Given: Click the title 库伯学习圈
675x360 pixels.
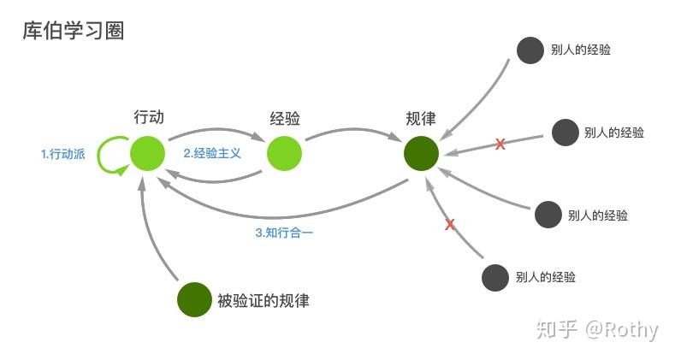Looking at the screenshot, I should (x=74, y=31).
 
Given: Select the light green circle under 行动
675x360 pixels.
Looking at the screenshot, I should (x=147, y=154).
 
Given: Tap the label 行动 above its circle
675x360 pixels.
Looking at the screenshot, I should (x=148, y=118).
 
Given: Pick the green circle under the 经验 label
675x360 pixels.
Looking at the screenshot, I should (x=284, y=154).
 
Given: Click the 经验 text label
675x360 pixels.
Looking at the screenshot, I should (x=285, y=119).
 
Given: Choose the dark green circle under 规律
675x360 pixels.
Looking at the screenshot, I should (x=422, y=154).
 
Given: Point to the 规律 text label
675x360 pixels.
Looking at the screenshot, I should (x=423, y=119).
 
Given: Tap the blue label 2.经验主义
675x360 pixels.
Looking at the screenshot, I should (x=213, y=154).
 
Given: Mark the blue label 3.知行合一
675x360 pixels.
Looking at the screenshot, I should (x=285, y=232).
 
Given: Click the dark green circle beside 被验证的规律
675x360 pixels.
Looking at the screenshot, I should (x=194, y=299).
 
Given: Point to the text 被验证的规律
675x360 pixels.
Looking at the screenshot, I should (x=263, y=300).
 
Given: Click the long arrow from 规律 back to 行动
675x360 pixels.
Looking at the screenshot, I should (x=282, y=214).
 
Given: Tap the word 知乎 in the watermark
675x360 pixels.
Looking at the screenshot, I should (x=557, y=329).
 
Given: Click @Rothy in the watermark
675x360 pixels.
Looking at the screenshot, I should (x=622, y=329).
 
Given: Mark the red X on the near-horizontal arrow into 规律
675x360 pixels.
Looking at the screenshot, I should (x=500, y=145).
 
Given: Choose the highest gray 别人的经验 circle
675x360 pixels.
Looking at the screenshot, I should (x=530, y=50).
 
